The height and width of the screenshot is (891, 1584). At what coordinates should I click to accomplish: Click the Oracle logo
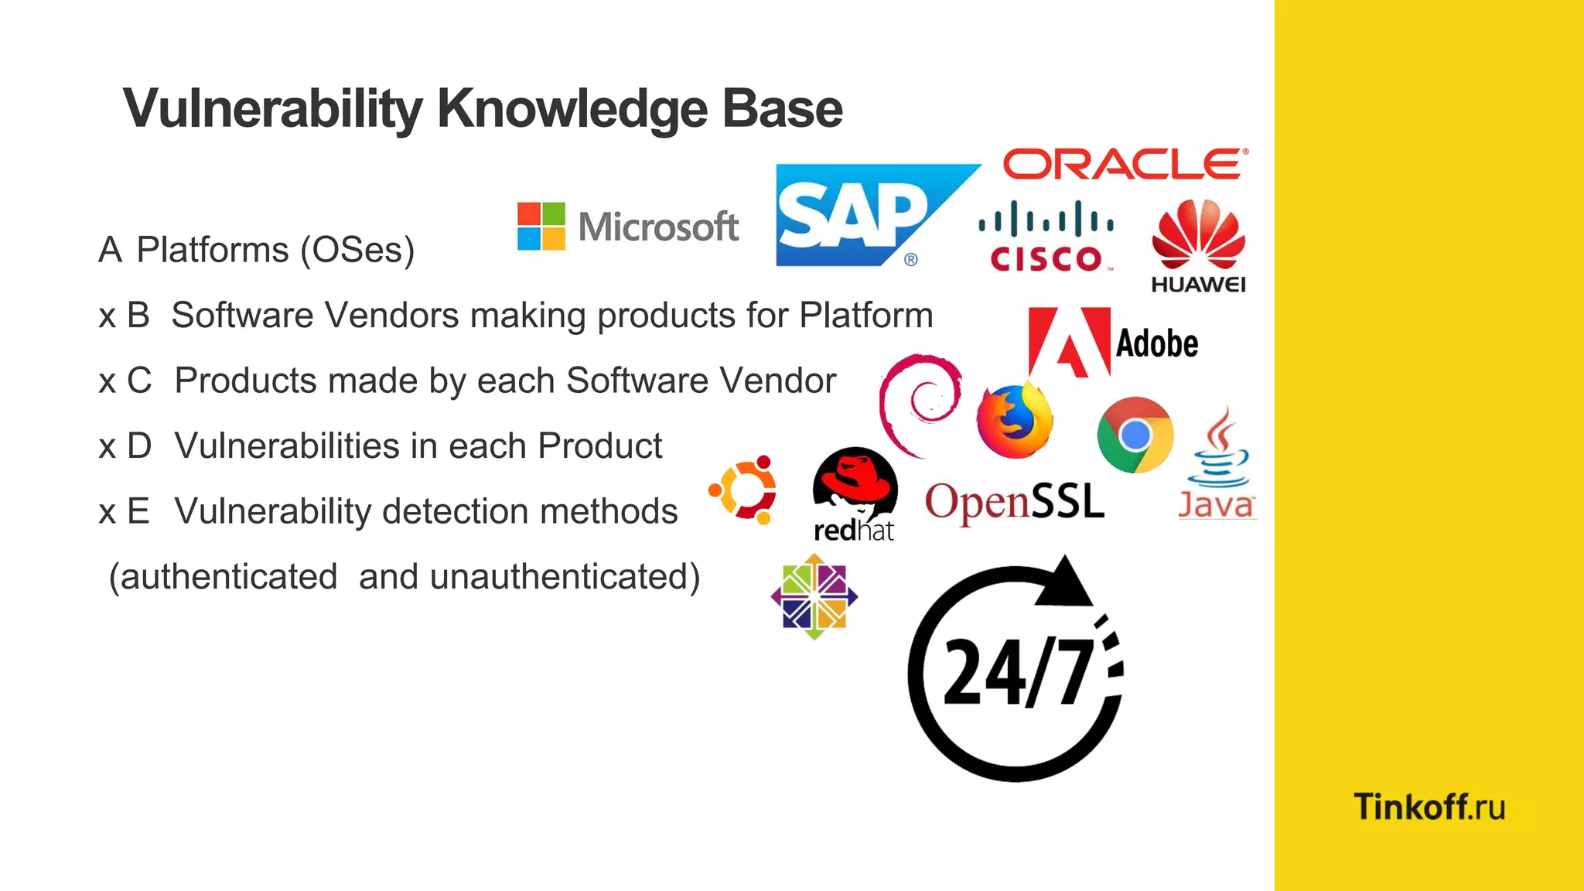pos(1125,164)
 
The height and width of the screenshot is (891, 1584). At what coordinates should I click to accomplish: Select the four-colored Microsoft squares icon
pos(541,226)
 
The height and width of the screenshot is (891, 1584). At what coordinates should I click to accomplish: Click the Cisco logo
pos(1046,237)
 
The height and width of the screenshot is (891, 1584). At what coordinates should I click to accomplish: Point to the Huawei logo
pos(1198,246)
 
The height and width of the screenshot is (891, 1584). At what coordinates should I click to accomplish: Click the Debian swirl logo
pos(920,403)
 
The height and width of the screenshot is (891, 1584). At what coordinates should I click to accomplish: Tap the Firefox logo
pos(1014,422)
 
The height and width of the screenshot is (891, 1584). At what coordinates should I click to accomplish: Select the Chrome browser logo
pos(1135,435)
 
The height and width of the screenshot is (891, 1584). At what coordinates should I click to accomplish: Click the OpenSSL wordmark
pos(1015,502)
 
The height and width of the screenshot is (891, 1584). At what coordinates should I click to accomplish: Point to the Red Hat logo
pos(855,495)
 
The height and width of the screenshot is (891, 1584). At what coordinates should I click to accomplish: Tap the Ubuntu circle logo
pos(743,490)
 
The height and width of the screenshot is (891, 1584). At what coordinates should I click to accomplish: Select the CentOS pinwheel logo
pos(814,596)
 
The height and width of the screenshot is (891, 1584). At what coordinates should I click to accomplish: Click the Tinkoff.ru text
pos(1429,807)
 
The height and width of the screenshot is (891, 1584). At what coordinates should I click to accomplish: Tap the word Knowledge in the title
pos(572,109)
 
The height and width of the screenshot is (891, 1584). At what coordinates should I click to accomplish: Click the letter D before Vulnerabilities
pos(139,446)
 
